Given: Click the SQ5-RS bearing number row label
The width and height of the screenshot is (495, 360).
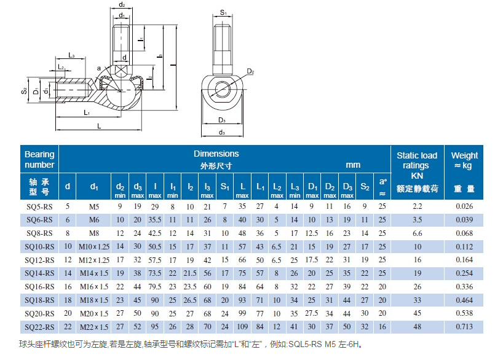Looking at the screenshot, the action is point(39,207).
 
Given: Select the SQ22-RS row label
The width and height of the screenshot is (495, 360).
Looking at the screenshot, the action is point(39,327).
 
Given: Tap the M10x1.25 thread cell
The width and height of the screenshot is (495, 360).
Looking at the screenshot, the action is point(94,247).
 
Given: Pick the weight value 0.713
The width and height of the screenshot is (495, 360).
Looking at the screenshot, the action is point(464,327).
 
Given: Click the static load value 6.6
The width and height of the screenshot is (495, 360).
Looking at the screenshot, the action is point(418,233).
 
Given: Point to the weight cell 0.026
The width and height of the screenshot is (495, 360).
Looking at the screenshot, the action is point(464,206).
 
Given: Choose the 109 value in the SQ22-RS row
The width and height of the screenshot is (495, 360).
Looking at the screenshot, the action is point(242,327).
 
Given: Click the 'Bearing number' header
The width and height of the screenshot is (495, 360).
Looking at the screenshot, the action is point(39,159).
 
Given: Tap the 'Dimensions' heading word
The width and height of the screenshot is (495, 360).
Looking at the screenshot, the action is point(216,154).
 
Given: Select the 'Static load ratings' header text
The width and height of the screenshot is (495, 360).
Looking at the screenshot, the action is point(417,160).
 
